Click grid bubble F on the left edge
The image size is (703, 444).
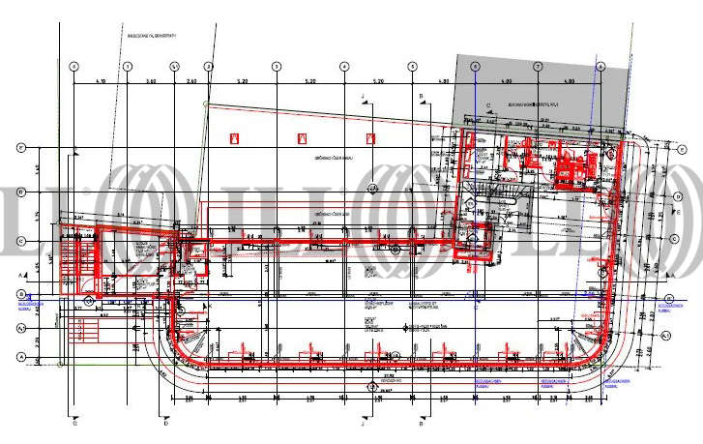(x=20, y=148)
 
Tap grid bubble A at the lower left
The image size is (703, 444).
(x=20, y=357)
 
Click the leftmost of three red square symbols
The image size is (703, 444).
(x=234, y=139)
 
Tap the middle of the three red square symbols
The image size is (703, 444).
(x=303, y=139)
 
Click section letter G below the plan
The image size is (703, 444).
(x=74, y=423)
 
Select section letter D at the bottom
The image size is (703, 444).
(x=166, y=423)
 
